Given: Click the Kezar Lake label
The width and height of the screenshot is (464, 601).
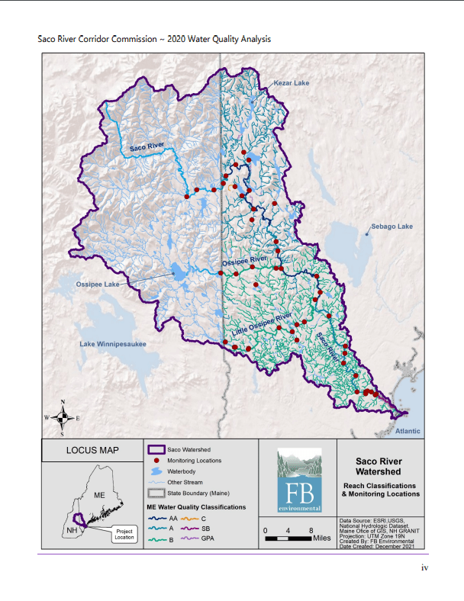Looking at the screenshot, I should tap(292, 82).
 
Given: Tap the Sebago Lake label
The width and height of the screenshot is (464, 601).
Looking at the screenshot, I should tap(391, 227).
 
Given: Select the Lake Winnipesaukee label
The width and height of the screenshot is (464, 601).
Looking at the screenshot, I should tap(113, 344).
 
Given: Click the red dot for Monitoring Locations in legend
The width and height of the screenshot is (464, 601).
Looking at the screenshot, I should tap(155, 461).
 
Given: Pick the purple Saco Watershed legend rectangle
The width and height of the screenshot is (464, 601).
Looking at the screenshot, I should tap(155, 450).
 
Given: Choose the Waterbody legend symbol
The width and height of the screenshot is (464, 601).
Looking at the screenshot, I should tap(155, 471).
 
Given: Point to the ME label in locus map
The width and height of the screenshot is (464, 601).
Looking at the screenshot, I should tap(98, 496).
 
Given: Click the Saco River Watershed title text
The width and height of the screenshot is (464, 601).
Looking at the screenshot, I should tap(379, 466).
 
